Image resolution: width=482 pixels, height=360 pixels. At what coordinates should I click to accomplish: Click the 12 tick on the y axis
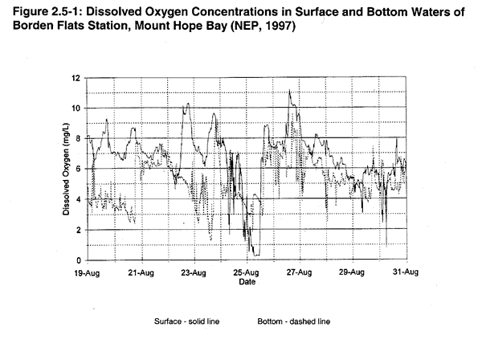click(76, 78)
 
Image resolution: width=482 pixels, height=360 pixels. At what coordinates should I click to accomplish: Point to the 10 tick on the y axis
click(76, 108)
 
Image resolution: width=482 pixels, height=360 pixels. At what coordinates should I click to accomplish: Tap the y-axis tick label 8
click(78, 139)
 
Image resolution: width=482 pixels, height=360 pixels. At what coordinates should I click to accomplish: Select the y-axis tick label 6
click(78, 170)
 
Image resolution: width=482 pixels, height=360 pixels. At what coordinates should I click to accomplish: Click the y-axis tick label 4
click(78, 200)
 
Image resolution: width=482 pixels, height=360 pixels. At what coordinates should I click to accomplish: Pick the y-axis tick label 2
click(78, 231)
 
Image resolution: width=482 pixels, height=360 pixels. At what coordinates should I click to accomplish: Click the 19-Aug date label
click(88, 272)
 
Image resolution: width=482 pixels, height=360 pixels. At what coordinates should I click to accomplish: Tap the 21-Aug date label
click(141, 272)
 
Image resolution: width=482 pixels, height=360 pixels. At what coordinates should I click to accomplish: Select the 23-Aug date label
click(194, 272)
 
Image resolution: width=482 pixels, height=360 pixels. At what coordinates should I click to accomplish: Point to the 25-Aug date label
click(247, 272)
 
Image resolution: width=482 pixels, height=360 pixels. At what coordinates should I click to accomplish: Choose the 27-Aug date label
click(300, 272)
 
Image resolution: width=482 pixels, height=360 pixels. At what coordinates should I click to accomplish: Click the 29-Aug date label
click(353, 272)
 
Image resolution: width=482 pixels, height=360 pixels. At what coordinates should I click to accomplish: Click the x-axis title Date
click(247, 282)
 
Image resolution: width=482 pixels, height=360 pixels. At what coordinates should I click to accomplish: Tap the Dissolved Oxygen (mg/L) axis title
click(67, 170)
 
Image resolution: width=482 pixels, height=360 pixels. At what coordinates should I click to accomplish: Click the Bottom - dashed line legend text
click(294, 321)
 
